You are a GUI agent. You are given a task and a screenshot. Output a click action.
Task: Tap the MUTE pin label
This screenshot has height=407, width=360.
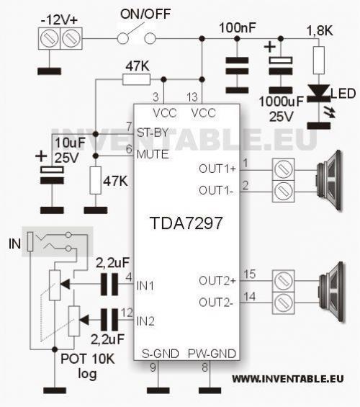point(153,154)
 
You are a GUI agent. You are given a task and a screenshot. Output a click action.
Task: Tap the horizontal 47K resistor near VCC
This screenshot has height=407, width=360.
point(137,79)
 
